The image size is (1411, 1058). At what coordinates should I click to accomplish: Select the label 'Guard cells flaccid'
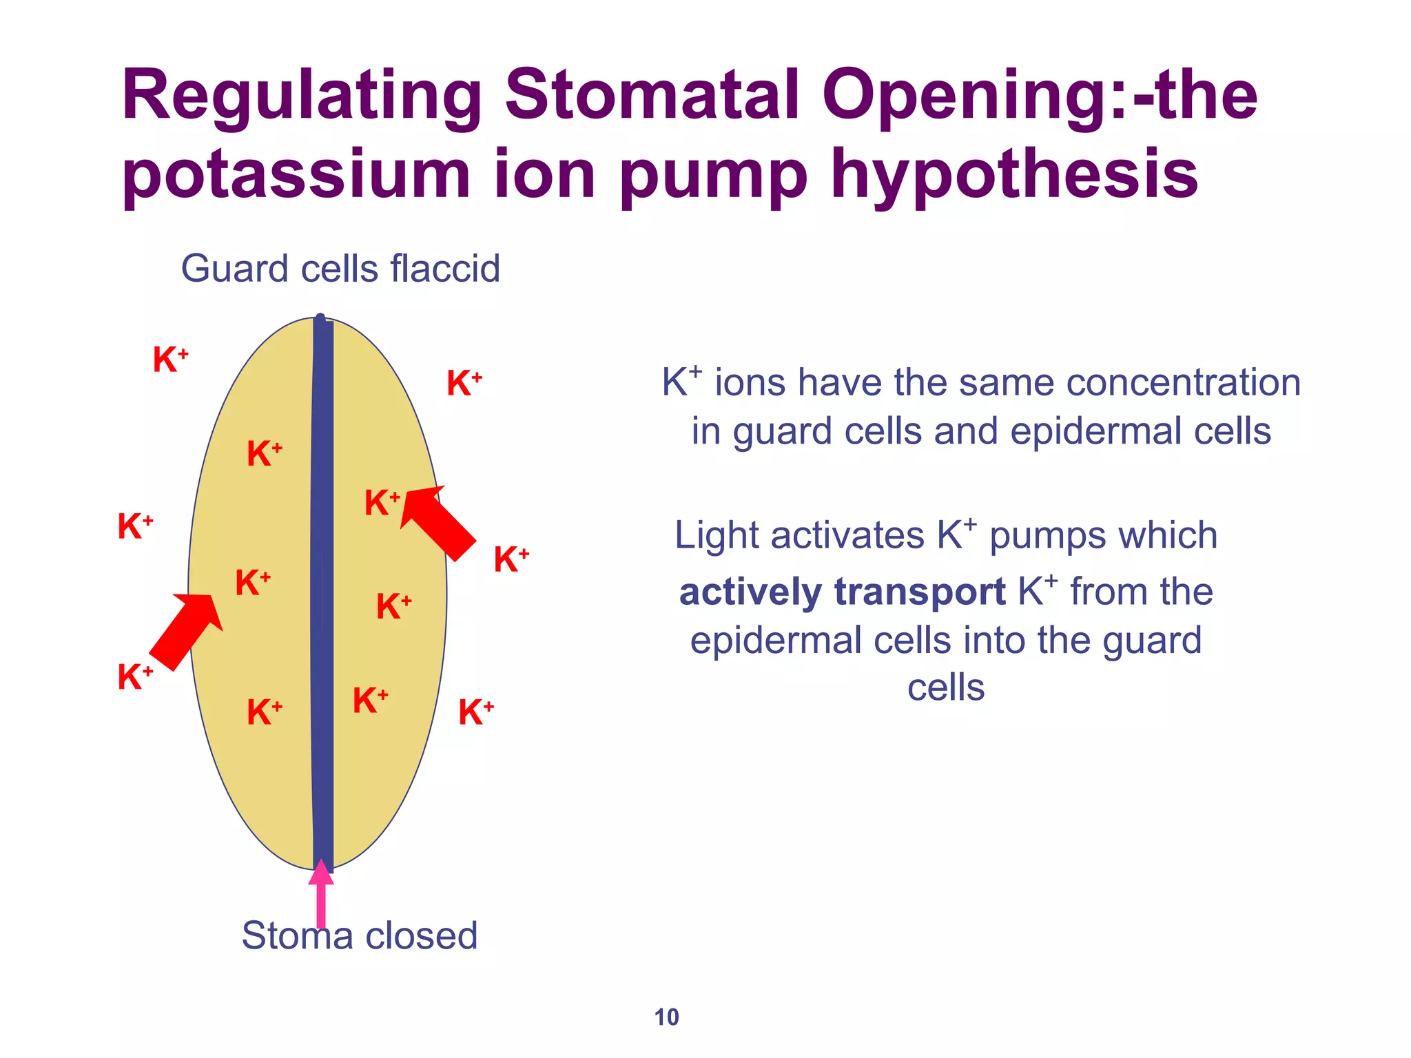[340, 269]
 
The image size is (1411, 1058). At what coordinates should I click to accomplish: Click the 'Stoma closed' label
[359, 935]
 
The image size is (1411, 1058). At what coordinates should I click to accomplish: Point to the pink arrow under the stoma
[321, 895]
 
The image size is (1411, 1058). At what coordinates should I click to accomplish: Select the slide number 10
[666, 1017]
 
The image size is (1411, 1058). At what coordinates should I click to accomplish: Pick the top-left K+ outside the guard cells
[169, 360]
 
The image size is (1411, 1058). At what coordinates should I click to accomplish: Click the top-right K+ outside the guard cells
[464, 383]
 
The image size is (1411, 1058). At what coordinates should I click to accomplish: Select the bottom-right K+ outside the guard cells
[475, 712]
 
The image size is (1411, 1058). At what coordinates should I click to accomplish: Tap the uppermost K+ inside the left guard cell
[264, 454]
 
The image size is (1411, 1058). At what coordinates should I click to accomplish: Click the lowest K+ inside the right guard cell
[370, 701]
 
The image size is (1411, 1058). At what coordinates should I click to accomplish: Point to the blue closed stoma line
[322, 592]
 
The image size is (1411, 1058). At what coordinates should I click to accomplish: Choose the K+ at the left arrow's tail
[134, 676]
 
